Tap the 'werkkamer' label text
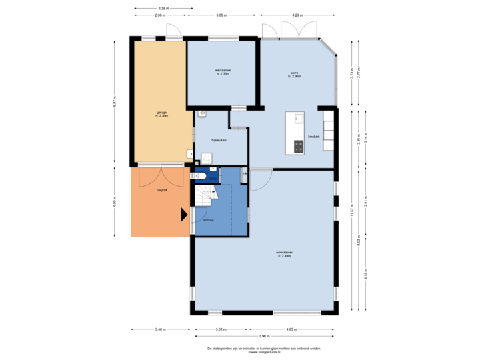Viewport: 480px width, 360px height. coord(222,71)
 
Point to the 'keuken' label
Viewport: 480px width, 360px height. coord(313,137)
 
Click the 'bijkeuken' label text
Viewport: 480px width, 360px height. coord(219,140)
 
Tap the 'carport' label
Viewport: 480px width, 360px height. coord(161,190)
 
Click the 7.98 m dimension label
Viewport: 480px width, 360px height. coord(265,335)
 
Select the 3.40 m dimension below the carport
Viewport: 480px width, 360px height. coord(160,329)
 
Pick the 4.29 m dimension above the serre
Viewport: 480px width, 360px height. coord(296,14)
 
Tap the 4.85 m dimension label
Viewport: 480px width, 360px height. coord(291,329)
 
